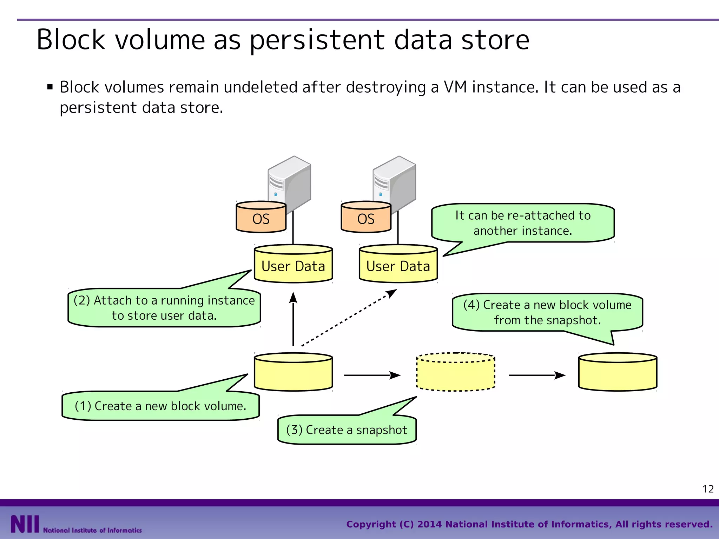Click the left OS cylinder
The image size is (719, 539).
point(261,218)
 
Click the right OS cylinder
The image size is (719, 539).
point(366,218)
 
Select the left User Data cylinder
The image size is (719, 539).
point(293,265)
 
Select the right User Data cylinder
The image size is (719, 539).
point(398,265)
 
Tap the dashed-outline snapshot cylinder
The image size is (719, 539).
point(455,373)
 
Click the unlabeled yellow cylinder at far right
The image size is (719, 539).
point(618,373)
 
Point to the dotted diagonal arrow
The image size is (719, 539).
point(349,318)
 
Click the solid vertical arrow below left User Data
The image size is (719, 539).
point(293,319)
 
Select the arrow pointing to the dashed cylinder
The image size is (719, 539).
point(372,375)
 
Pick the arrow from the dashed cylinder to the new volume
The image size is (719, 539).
point(537,375)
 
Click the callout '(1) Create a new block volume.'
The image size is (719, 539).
point(160,406)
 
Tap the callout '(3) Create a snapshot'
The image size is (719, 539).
point(347,430)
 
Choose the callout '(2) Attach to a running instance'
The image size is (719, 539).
point(164,308)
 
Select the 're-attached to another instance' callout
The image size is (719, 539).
point(523,223)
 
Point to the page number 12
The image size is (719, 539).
point(708,489)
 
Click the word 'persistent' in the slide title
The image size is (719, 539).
point(317,40)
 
